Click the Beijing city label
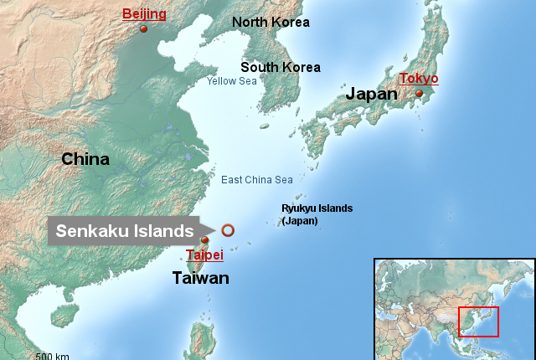click(144, 14)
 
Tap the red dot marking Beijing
click(143, 29)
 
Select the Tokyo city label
click(419, 79)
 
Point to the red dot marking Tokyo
click(420, 94)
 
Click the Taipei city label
click(204, 255)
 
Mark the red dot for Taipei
click(205, 240)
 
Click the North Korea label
click(271, 23)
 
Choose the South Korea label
click(280, 67)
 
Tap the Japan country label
click(373, 95)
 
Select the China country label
click(85, 159)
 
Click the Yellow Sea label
click(232, 81)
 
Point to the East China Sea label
click(257, 180)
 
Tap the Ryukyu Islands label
click(317, 208)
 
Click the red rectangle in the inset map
click(478, 321)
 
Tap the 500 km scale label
click(52, 357)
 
